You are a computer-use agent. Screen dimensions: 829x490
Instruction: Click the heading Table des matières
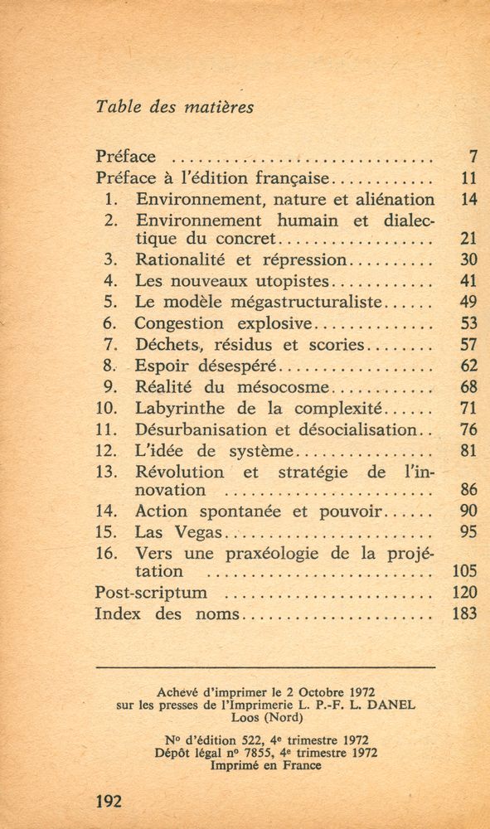174,107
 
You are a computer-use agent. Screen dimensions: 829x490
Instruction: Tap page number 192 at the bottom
109,801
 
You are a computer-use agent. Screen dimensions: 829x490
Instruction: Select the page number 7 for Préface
473,156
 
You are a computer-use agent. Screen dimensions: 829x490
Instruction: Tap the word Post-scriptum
151,593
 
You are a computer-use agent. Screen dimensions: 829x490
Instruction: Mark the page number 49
468,302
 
